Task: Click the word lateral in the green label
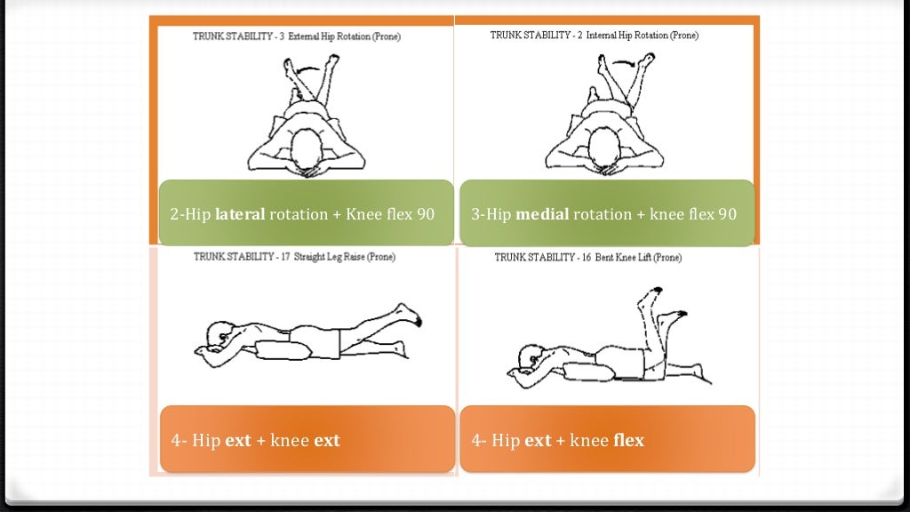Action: (x=238, y=214)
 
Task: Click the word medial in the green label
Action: (x=542, y=214)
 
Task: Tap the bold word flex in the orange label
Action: (x=628, y=440)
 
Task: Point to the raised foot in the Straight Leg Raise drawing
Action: (x=410, y=313)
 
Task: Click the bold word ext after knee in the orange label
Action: (x=327, y=440)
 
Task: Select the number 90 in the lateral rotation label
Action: (x=426, y=214)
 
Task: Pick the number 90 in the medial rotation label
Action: (x=727, y=214)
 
